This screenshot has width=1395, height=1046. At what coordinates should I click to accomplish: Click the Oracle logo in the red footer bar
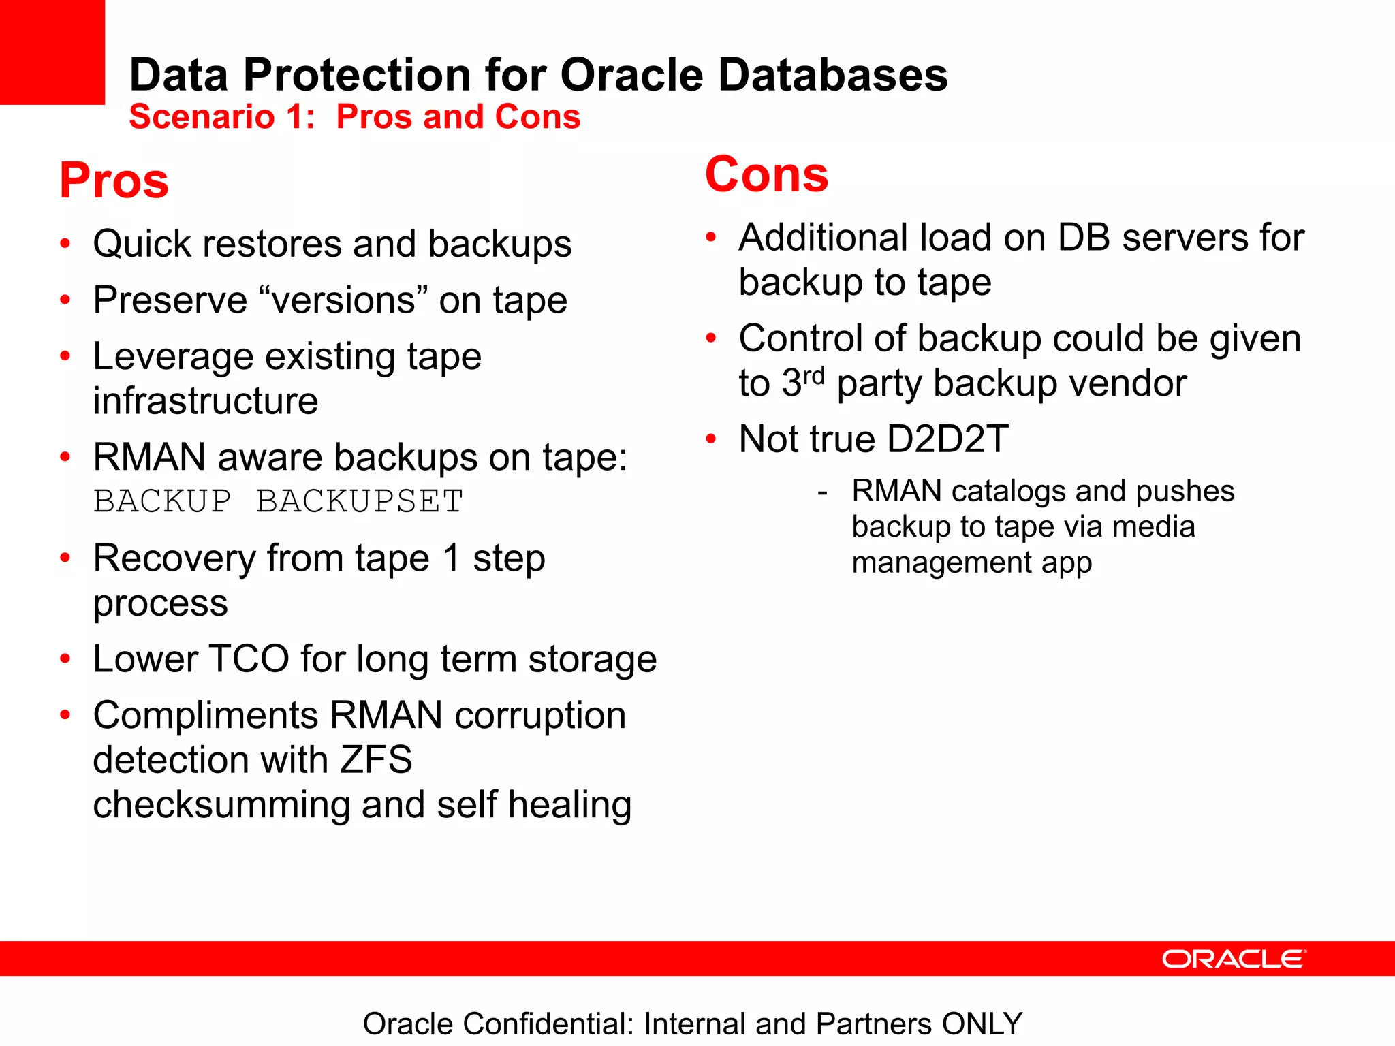(1234, 959)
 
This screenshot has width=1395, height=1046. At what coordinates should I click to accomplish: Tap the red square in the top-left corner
(52, 52)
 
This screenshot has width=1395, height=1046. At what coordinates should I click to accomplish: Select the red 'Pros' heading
(114, 180)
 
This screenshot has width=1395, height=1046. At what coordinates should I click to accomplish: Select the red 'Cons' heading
(766, 174)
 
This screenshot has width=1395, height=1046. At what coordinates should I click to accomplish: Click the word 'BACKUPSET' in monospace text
(360, 501)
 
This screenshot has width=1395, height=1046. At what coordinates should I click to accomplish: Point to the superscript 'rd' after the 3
(814, 375)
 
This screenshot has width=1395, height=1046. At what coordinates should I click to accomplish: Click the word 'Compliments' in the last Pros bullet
(205, 716)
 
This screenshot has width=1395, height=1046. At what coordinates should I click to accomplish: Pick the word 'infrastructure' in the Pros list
(205, 400)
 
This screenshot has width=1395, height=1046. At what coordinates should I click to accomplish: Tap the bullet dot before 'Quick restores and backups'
(65, 244)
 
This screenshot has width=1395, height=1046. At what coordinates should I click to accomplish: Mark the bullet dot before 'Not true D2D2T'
(711, 439)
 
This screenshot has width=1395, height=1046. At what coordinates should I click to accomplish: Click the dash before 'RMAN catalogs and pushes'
(823, 492)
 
